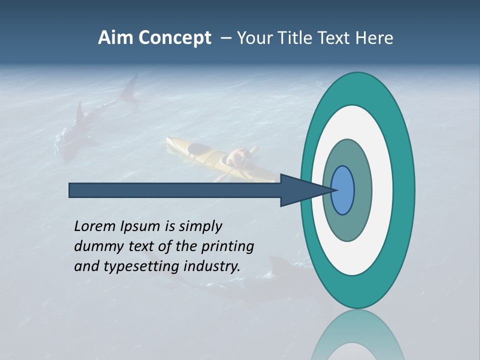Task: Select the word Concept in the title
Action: [175, 38]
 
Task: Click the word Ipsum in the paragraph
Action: [141, 226]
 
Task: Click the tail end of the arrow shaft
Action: [70, 190]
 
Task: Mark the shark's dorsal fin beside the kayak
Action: [79, 112]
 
